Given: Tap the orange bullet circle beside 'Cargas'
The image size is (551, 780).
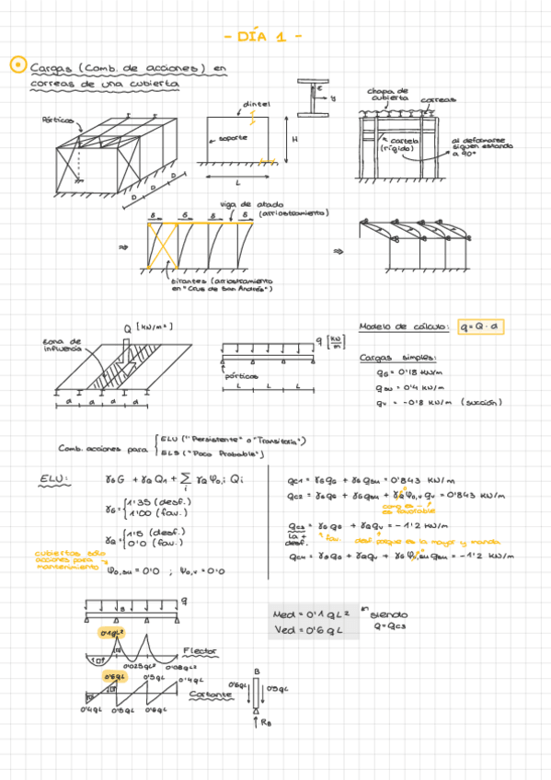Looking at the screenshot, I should click(x=16, y=64).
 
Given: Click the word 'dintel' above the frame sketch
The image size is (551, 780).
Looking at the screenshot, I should click(x=257, y=104).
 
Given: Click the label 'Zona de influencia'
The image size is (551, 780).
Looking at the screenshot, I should click(x=62, y=345).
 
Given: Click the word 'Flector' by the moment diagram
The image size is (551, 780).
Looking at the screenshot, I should click(x=199, y=650).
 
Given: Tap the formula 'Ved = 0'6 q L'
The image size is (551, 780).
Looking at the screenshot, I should click(x=307, y=630).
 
